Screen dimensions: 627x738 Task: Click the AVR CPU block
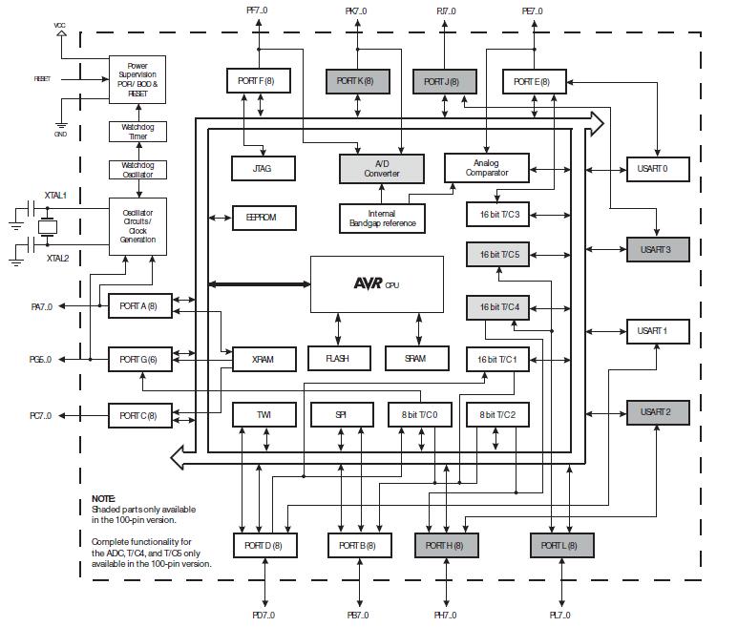[x=376, y=283]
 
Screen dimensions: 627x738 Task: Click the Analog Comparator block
[x=486, y=168]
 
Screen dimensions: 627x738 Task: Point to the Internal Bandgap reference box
[x=381, y=219]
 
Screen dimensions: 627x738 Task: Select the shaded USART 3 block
[x=656, y=250]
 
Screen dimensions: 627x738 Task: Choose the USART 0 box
[x=656, y=169]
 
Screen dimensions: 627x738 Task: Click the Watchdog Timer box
[x=137, y=133]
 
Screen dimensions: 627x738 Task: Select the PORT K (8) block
[x=358, y=81]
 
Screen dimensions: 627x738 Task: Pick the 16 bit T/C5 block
[x=497, y=255]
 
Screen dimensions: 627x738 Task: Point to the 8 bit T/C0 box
[x=419, y=415]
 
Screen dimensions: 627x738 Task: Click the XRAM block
[x=264, y=359]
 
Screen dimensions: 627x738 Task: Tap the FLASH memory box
[x=338, y=359]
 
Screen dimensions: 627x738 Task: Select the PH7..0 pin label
[x=446, y=616]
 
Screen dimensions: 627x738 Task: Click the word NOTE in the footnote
[x=103, y=499]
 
